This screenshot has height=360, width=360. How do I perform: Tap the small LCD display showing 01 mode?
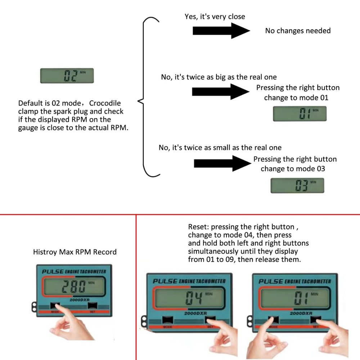pos(300,114)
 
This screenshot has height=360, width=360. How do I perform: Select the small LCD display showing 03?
pos(297,186)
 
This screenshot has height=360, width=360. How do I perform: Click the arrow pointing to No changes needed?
pos(221,31)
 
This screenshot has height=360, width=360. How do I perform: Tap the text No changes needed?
pos(298,31)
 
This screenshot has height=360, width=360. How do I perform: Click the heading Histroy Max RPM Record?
pos(75,252)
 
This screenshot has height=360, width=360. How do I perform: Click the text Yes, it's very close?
pos(215,17)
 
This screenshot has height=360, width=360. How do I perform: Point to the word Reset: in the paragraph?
pos(198,227)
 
